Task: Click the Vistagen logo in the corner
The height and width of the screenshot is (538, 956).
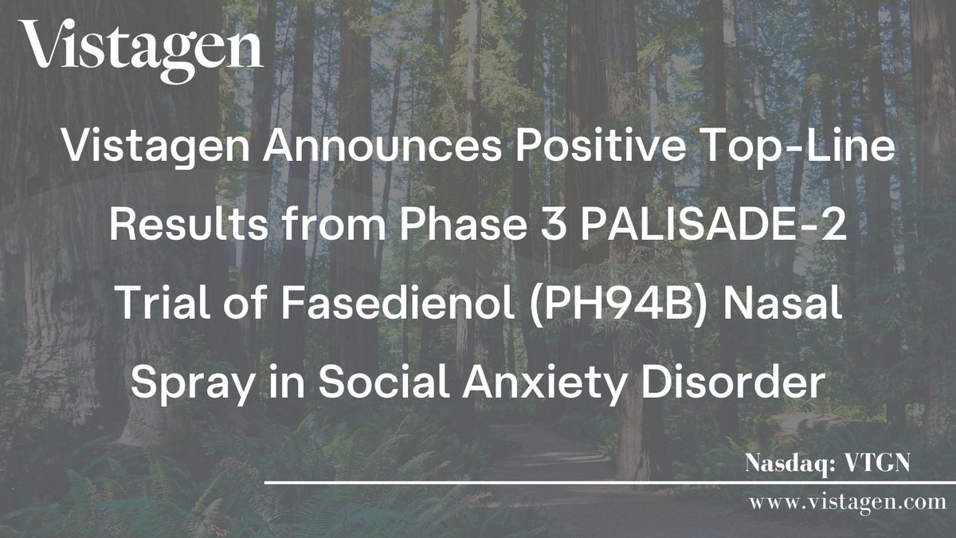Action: point(141,50)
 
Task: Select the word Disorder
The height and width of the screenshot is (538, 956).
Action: point(740,385)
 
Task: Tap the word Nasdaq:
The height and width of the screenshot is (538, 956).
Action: point(785,464)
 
